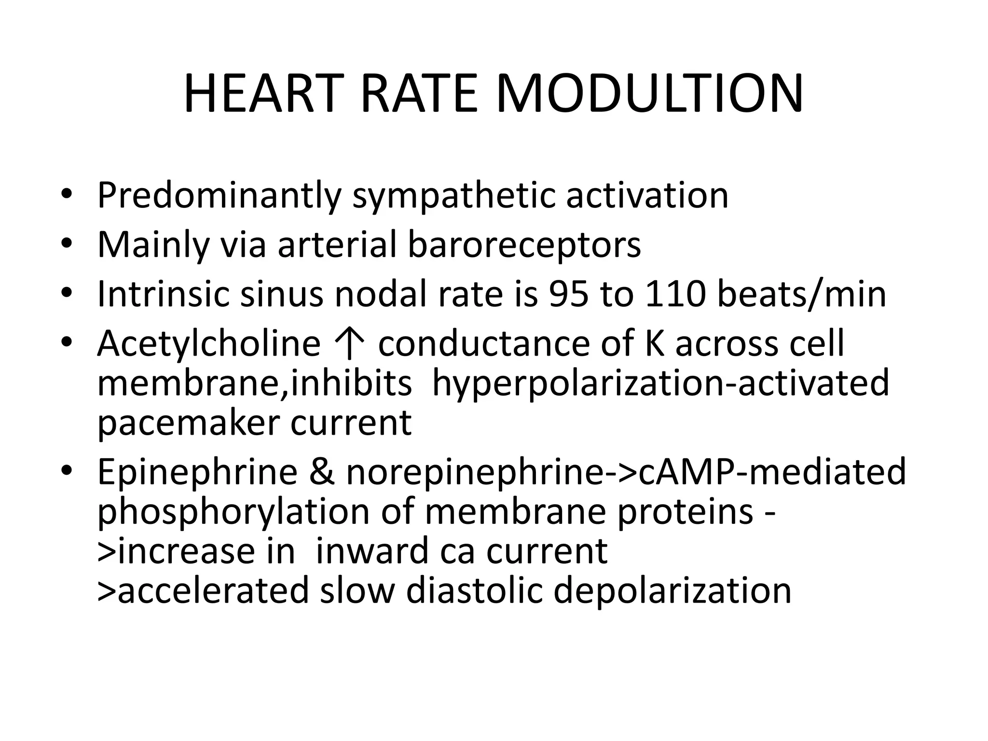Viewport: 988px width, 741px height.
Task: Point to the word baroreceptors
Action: [x=524, y=245]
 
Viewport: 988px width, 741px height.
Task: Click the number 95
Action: [x=569, y=294]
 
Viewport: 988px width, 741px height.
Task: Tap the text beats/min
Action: [x=802, y=294]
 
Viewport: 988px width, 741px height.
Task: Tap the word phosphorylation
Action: [x=233, y=512]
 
